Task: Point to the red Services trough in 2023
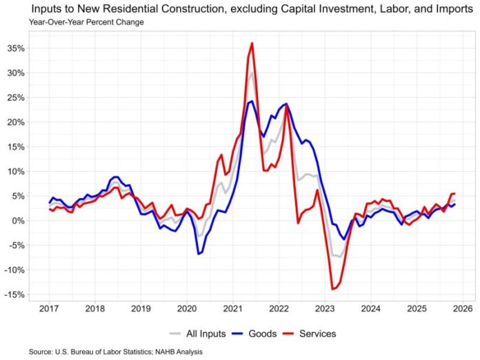click(332, 289)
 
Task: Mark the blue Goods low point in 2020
click(199, 254)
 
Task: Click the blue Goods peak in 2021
click(252, 101)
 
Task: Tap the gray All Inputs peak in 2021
click(252, 72)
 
